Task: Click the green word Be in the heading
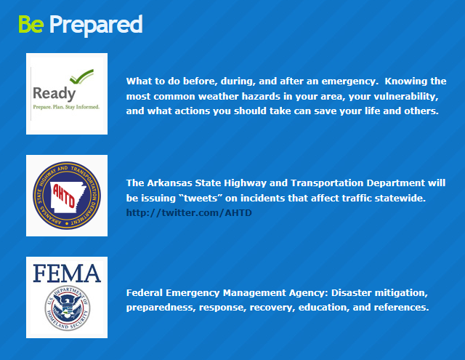coord(31,24)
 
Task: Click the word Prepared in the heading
coord(96,25)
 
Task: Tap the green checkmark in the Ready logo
coord(81,76)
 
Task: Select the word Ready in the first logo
coord(54,94)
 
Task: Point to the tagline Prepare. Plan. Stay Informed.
coord(66,107)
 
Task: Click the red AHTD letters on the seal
coord(63,196)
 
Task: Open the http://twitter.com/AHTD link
coord(189,213)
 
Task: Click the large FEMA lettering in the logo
coord(67,273)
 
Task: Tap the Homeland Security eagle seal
coord(67,308)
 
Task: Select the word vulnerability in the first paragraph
coord(405,97)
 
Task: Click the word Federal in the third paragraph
coord(144,293)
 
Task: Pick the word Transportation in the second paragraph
coord(327,183)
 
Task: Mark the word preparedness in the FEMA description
coord(161,308)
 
